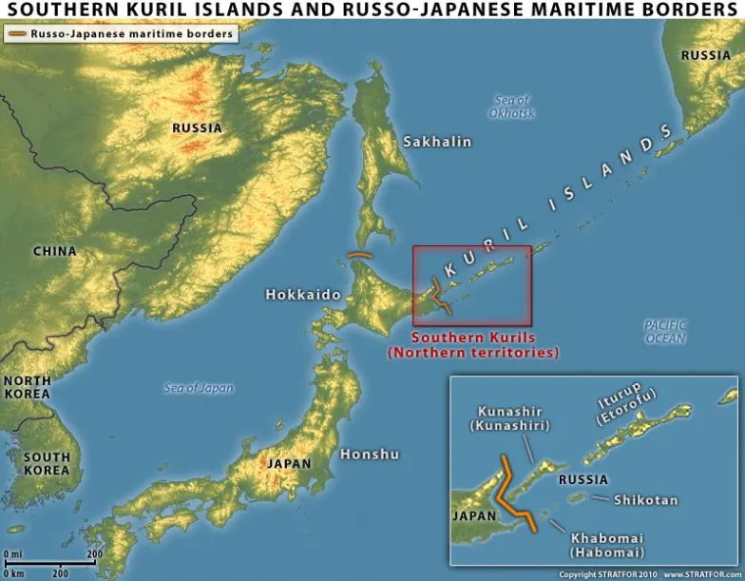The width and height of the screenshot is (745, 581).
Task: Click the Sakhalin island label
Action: pyautogui.click(x=437, y=142)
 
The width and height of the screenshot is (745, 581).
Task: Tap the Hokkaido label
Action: pyautogui.click(x=303, y=295)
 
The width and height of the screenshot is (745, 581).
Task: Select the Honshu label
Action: pyautogui.click(x=370, y=454)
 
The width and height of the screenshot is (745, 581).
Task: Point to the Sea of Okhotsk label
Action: pyautogui.click(x=512, y=107)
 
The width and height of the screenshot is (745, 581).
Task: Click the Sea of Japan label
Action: pyautogui.click(x=198, y=388)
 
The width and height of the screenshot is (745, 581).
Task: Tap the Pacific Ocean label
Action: pyautogui.click(x=665, y=332)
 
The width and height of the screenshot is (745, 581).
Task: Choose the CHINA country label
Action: pyautogui.click(x=54, y=252)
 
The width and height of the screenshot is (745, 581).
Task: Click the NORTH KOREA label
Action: pyautogui.click(x=28, y=387)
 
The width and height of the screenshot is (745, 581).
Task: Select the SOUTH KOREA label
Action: pyautogui.click(x=47, y=463)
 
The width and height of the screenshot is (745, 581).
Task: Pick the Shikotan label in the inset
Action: pyautogui.click(x=645, y=499)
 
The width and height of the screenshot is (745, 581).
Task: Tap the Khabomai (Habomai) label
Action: pyautogui.click(x=607, y=545)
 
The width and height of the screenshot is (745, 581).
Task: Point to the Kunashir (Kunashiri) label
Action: pyautogui.click(x=510, y=418)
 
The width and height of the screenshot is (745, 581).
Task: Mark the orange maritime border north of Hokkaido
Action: pyautogui.click(x=359, y=255)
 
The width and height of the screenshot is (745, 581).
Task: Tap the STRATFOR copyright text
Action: pyautogui.click(x=605, y=574)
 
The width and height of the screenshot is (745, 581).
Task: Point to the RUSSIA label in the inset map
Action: pyautogui.click(x=583, y=480)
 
